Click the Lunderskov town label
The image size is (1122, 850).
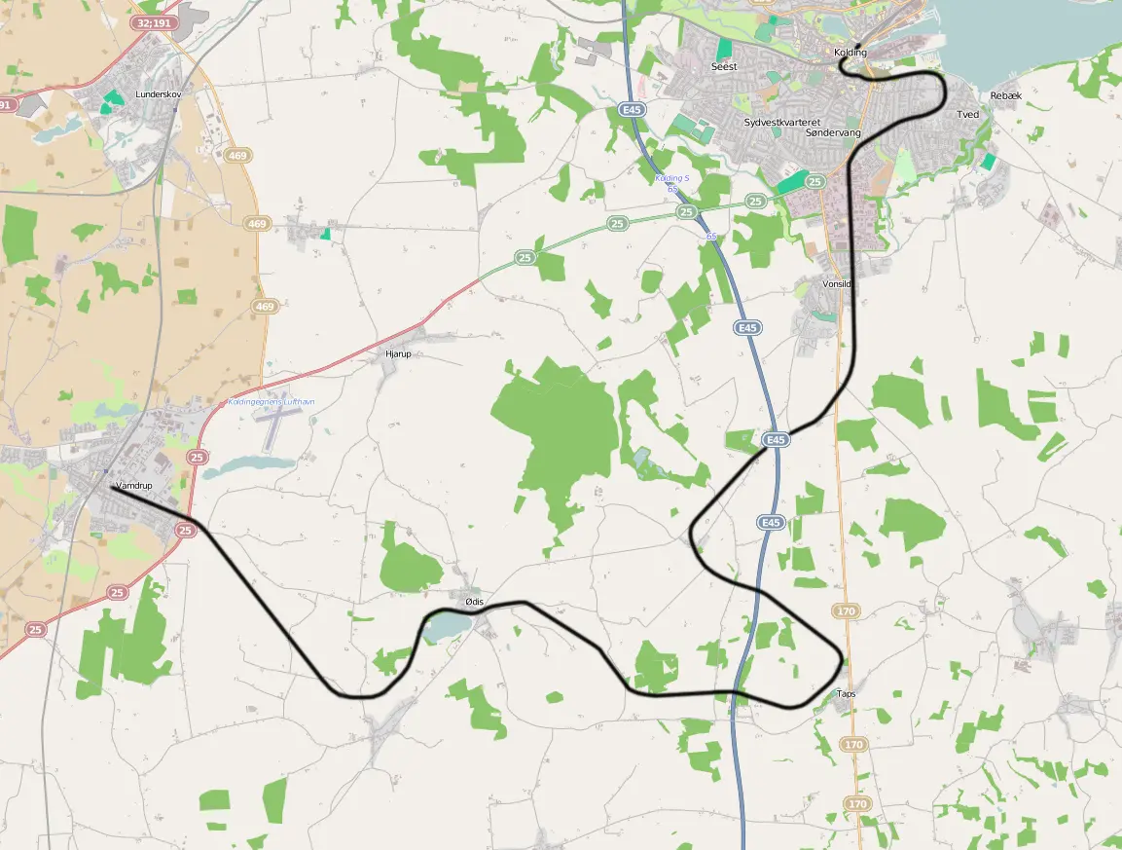click(x=159, y=94)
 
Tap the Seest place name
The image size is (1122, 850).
click(x=724, y=67)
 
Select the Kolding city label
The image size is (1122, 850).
click(x=850, y=53)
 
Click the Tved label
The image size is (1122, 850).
click(x=967, y=115)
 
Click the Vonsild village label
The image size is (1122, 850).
click(x=837, y=283)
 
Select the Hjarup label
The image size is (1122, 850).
click(x=399, y=354)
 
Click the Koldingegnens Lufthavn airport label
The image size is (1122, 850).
click(x=271, y=402)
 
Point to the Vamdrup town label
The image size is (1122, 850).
click(x=134, y=485)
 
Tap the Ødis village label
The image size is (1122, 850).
click(x=475, y=602)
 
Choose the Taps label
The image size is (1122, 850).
click(x=846, y=694)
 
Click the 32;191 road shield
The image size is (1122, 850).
click(x=155, y=22)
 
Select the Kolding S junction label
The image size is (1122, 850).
click(x=671, y=178)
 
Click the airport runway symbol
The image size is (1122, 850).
click(x=277, y=425)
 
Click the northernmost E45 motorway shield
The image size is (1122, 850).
click(x=632, y=111)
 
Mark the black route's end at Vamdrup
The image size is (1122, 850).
click(x=113, y=489)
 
